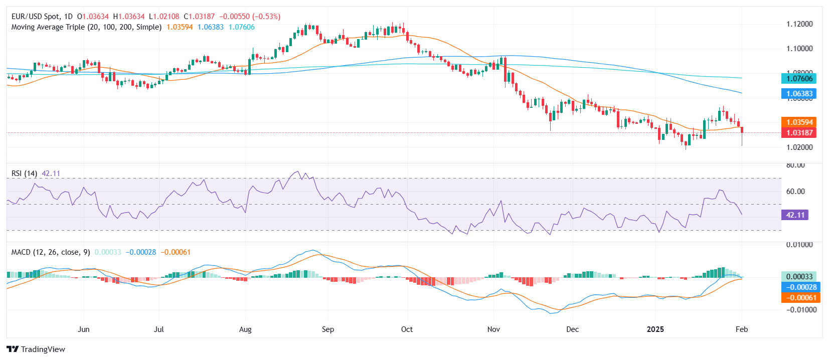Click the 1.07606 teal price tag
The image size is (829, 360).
point(799,78)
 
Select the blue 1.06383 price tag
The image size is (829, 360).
point(799,94)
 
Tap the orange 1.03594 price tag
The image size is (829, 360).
point(799,122)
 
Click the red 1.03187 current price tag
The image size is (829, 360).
point(799,133)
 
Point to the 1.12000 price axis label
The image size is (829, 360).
point(799,24)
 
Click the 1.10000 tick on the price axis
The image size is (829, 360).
point(799,49)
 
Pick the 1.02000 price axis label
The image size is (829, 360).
point(799,147)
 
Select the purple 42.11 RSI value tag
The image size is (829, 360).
point(795,215)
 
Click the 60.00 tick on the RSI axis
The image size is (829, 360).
point(795,191)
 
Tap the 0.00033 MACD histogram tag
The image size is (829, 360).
point(799,277)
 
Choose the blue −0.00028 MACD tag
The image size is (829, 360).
point(801,287)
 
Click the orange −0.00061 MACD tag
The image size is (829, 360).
point(801,298)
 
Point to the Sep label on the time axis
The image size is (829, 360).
point(327,329)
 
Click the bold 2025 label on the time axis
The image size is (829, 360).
point(655,329)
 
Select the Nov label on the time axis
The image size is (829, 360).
point(493,329)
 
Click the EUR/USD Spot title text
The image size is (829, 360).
point(35,17)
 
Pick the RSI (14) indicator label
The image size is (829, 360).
point(24,173)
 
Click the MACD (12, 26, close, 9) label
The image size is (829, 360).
point(51,252)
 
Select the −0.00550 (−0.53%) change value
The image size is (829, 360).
point(250,17)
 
